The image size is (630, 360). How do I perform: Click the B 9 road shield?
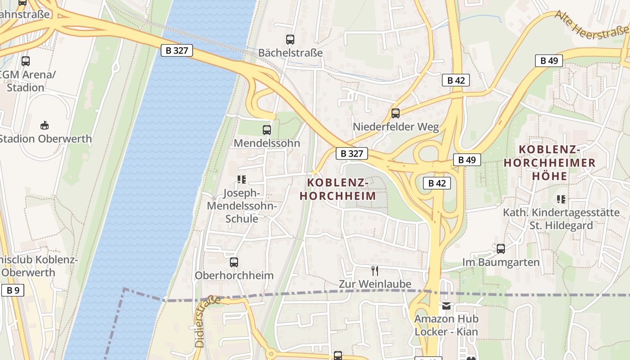point(13,290)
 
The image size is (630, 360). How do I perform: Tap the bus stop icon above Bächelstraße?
point(290,40)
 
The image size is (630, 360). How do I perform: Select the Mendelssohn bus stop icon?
point(267,130)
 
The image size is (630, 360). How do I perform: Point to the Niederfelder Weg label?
point(396,127)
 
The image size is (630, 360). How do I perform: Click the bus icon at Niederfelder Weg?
point(396,113)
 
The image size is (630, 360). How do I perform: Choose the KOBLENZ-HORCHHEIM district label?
point(338,189)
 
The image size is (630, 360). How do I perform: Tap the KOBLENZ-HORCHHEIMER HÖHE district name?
point(556,162)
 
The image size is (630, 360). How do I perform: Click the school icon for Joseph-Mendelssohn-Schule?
point(242,180)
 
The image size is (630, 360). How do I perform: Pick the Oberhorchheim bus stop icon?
point(234,262)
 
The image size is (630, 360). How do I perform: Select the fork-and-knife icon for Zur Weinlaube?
point(374,270)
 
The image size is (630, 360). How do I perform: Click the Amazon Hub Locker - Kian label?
point(446,325)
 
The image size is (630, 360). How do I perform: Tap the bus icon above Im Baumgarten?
point(501,249)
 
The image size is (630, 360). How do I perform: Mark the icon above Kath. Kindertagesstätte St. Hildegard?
point(561,199)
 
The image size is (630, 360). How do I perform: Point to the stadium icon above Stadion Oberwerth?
point(44,125)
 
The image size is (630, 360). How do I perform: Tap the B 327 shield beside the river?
point(177,50)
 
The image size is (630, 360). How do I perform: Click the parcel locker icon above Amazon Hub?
point(446,306)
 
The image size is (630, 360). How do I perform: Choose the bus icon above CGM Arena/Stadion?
point(26,61)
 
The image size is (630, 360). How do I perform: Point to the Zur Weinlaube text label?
point(375,284)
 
